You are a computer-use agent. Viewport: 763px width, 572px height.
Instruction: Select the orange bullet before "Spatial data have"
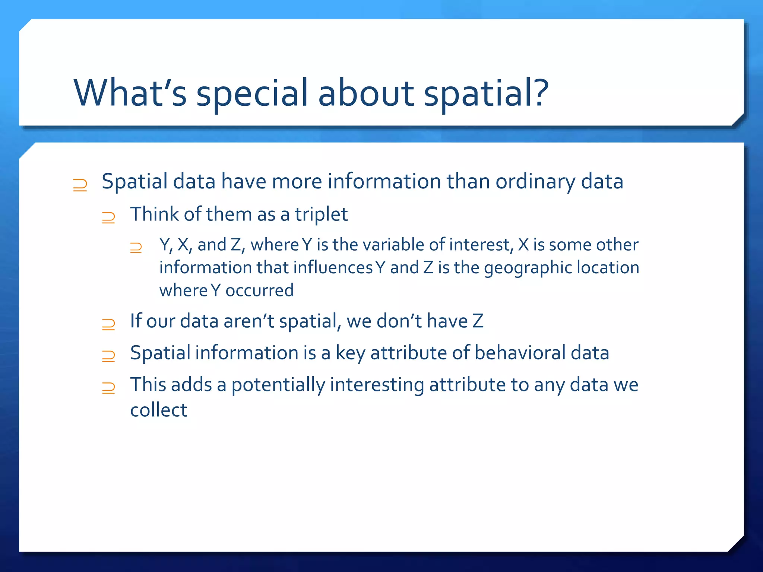pos(80,185)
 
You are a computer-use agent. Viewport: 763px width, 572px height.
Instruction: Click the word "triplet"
pos(321,214)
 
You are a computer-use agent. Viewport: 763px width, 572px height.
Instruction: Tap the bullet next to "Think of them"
pos(108,217)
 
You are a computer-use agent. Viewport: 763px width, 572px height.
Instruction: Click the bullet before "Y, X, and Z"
pos(136,248)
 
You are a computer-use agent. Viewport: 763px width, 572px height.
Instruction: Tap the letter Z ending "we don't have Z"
pos(478,321)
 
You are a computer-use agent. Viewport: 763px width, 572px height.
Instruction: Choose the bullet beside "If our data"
pos(108,324)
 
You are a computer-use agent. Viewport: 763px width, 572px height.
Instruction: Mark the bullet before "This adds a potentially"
pos(108,388)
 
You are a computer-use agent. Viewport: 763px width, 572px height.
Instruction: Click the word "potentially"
pos(278,385)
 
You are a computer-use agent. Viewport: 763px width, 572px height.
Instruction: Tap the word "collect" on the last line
pos(158,410)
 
